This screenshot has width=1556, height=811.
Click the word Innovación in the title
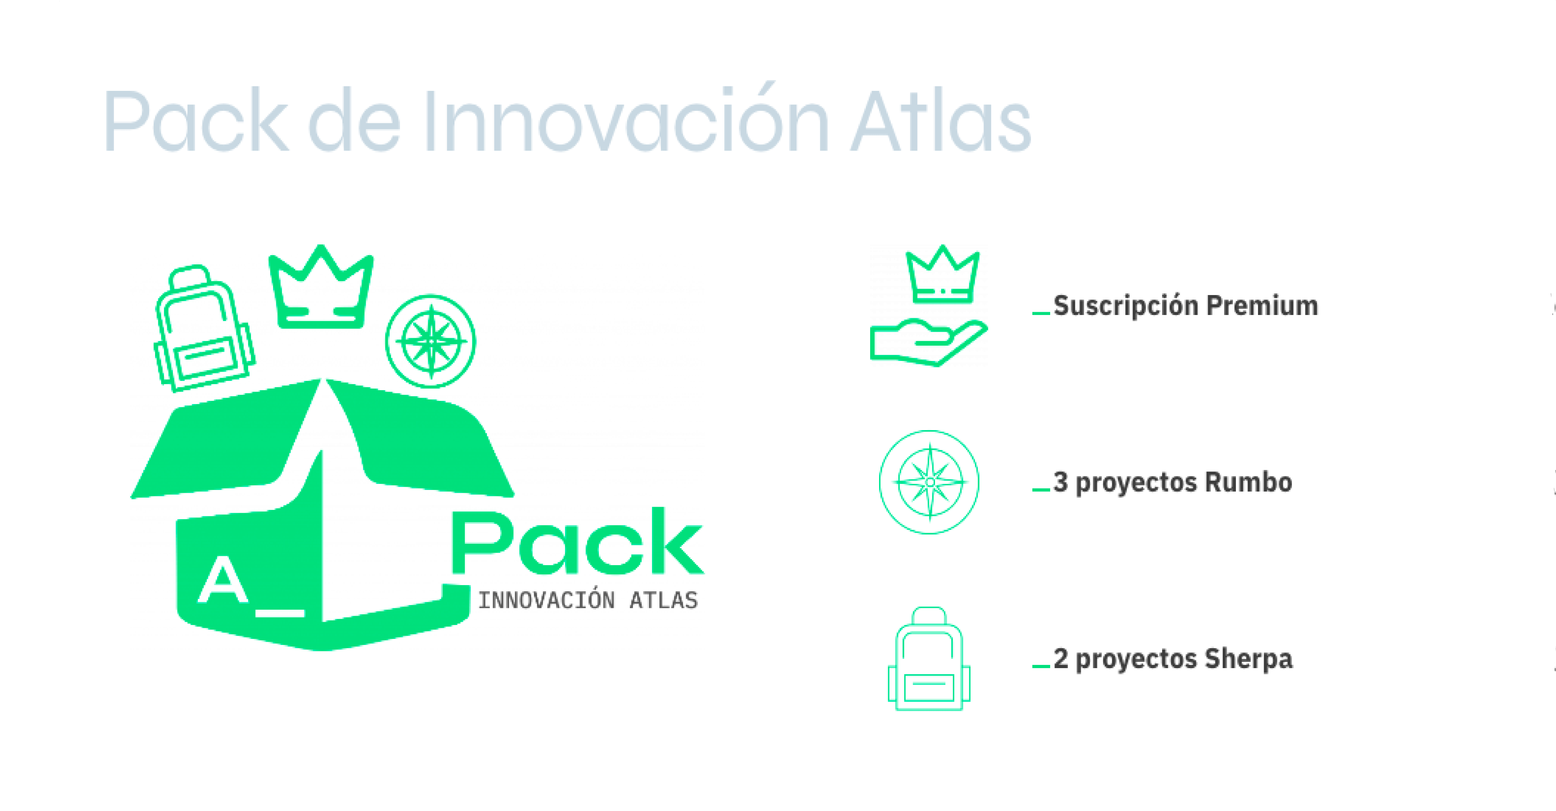pos(625,121)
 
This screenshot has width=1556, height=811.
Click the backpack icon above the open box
pos(204,329)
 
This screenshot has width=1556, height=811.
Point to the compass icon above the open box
pos(431,341)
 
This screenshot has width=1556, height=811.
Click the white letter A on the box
pos(223,580)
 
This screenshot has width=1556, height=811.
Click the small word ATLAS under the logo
pos(663,601)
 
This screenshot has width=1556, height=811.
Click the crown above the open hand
pos(942,275)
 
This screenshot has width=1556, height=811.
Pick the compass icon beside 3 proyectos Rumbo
pos(929,482)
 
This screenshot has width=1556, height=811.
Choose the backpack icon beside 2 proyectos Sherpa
pos(929,660)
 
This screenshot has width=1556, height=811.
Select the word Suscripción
pos(1126,306)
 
